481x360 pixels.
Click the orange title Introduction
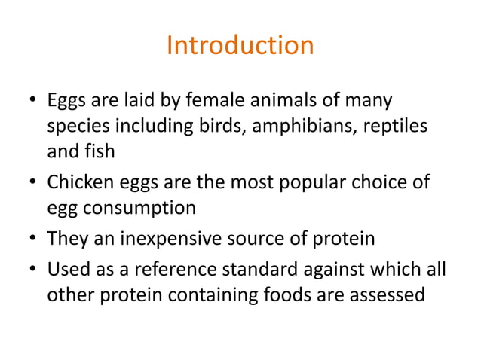240,45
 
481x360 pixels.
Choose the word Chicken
79,182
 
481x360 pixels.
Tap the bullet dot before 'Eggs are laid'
33,100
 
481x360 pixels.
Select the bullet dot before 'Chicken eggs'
33,182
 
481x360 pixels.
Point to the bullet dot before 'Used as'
33,270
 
